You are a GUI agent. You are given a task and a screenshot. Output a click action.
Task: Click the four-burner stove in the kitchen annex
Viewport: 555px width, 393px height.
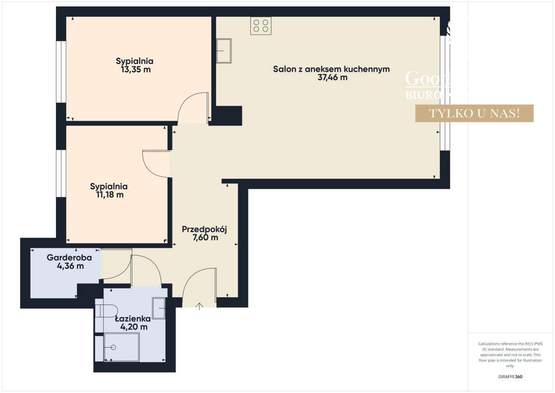(x=261, y=25)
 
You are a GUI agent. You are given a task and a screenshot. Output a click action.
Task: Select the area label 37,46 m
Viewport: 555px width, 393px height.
(x=331, y=78)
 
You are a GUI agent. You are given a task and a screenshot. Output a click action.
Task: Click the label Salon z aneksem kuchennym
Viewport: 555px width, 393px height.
(x=331, y=69)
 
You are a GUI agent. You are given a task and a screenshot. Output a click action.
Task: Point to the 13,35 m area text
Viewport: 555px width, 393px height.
(x=135, y=69)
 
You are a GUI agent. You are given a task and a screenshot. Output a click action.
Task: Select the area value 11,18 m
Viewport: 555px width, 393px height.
(x=109, y=195)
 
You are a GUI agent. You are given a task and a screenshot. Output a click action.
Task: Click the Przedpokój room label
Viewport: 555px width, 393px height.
(x=205, y=229)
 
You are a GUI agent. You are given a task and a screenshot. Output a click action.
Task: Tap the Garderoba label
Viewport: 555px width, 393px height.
(x=69, y=257)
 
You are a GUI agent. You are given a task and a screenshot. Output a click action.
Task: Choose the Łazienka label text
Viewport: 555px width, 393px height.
(x=133, y=318)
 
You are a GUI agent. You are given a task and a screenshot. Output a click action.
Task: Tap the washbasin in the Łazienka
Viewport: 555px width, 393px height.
(x=159, y=309)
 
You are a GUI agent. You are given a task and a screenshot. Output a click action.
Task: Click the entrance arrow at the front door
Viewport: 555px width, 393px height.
(x=200, y=306)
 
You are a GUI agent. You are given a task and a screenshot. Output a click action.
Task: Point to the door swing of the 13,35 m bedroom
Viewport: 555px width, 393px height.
(x=192, y=107)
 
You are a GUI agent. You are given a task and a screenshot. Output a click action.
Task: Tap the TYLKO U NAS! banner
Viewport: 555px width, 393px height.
(x=474, y=113)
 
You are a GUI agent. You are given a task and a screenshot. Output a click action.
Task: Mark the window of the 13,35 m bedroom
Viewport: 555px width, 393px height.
(x=60, y=72)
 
